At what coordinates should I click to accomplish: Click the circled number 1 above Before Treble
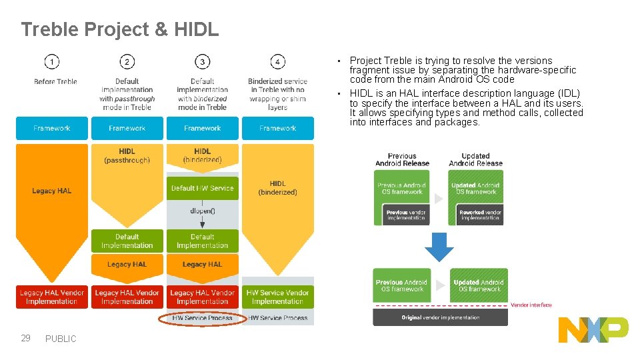pos(52,62)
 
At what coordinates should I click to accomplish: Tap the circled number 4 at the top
pos(277,62)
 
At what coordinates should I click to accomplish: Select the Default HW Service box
pos(202,189)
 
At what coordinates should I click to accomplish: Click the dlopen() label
pos(202,211)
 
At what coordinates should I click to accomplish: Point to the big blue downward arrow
pos(439,246)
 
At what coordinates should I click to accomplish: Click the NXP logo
pos(593,329)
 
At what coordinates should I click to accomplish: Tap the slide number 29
pos(26,338)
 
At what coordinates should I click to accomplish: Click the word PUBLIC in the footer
pos(61,339)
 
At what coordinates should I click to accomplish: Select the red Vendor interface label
pos(531,305)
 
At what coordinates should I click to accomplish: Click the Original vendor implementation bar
pos(440,317)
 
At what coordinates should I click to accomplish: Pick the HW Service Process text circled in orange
pos(202,318)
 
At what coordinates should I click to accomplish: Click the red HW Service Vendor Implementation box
pos(277,297)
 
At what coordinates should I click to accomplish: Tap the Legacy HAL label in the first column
pos(51,191)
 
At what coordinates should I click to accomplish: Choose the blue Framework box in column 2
pos(127,128)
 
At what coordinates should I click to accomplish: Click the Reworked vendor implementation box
pos(480,215)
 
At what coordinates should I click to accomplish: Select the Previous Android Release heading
pos(402,159)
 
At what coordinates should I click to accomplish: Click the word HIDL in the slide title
pos(196,29)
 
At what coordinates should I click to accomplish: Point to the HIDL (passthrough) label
pos(127,155)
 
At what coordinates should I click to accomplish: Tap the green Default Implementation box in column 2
pos(127,241)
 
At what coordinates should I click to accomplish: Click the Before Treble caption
pos(55,81)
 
